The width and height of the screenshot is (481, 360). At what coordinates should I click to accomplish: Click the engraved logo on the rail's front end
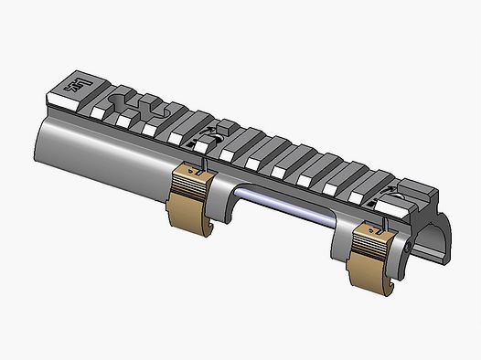pyautogui.click(x=72, y=86)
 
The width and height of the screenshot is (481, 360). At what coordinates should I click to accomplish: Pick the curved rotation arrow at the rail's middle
pyautogui.click(x=207, y=138)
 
